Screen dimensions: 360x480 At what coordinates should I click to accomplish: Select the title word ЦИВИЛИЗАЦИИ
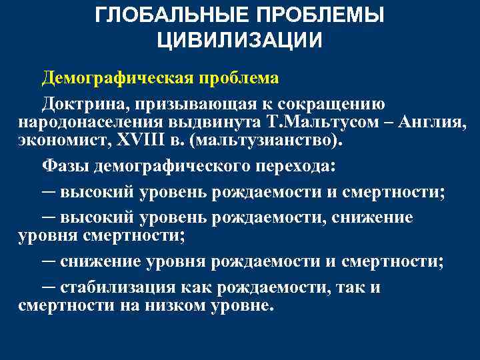pos(240,40)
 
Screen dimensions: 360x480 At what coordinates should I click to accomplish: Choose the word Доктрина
pos(75,104)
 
